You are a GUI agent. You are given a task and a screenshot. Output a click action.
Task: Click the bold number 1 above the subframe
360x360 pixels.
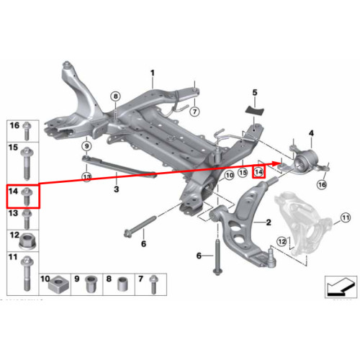click(153, 73)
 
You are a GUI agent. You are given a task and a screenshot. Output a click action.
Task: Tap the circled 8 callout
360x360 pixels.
click(116, 96)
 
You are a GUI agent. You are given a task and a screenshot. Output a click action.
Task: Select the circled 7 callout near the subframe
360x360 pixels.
click(194, 112)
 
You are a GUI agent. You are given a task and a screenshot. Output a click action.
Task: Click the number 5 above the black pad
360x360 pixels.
click(255, 92)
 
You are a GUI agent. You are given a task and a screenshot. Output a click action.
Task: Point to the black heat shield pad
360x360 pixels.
click(255, 110)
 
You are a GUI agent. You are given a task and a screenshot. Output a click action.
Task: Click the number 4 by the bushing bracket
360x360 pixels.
click(311, 133)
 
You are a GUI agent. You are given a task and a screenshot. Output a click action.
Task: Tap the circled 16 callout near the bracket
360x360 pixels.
click(322, 184)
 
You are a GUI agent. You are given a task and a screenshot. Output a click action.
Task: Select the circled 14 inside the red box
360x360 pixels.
click(258, 172)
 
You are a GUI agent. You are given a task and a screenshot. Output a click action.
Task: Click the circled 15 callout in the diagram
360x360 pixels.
click(243, 172)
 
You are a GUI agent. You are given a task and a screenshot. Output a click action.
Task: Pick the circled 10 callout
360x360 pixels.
click(230, 176)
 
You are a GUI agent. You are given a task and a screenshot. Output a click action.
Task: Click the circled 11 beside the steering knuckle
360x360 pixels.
click(346, 218)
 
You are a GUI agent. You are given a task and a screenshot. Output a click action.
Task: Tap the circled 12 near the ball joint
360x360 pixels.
click(282, 241)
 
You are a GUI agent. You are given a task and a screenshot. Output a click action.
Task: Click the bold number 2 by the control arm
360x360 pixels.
click(269, 222)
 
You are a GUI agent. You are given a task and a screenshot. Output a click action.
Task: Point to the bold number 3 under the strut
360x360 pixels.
click(117, 189)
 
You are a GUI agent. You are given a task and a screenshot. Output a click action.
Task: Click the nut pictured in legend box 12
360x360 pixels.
click(27, 241)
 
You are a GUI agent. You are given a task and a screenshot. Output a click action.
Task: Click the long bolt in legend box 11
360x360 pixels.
click(27, 274)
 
